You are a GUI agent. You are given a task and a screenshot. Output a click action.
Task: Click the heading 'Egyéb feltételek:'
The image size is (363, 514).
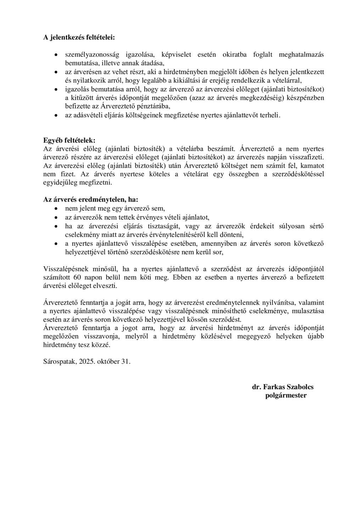point(69,140)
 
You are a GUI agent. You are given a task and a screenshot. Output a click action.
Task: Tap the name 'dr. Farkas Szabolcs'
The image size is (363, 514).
point(283,387)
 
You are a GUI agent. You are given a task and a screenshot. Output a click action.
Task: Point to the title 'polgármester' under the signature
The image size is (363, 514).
point(286,395)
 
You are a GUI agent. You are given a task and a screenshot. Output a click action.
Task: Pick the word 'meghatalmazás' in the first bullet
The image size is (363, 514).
point(301,55)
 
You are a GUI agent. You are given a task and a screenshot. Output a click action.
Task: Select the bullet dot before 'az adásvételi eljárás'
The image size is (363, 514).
point(56,115)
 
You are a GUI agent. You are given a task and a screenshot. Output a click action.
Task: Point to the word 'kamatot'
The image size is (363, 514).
point(311,166)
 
